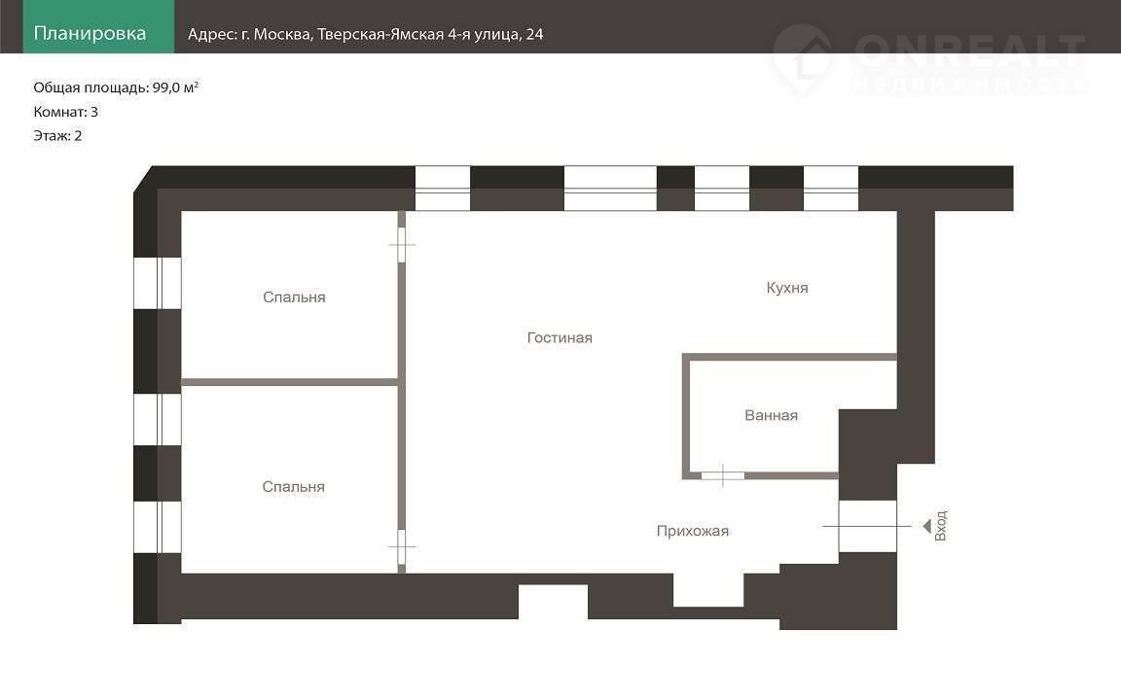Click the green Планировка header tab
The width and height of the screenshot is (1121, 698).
point(98,26)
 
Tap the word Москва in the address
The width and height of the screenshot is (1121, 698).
point(283,34)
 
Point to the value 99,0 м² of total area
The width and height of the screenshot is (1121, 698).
point(175,87)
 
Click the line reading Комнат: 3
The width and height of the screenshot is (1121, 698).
point(66,112)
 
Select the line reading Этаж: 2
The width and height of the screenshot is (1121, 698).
point(58,136)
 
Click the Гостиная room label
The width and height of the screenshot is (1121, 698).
point(560,338)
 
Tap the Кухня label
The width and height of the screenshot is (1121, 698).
point(787,288)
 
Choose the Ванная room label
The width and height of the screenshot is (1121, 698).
point(772,415)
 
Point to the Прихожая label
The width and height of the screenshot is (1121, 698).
point(693,531)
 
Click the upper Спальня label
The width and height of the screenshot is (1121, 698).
point(294,297)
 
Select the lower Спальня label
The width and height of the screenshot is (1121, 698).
point(293,486)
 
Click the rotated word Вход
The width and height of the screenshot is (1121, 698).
point(941,526)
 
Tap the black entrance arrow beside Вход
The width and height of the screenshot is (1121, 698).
point(926,526)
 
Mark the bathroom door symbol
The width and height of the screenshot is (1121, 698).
point(723,475)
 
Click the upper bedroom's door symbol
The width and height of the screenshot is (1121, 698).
point(402,244)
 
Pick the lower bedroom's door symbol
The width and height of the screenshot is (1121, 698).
point(402,547)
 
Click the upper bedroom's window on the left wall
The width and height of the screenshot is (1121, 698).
point(158,283)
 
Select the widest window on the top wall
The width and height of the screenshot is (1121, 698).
point(610,189)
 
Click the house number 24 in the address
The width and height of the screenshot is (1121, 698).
point(535,34)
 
